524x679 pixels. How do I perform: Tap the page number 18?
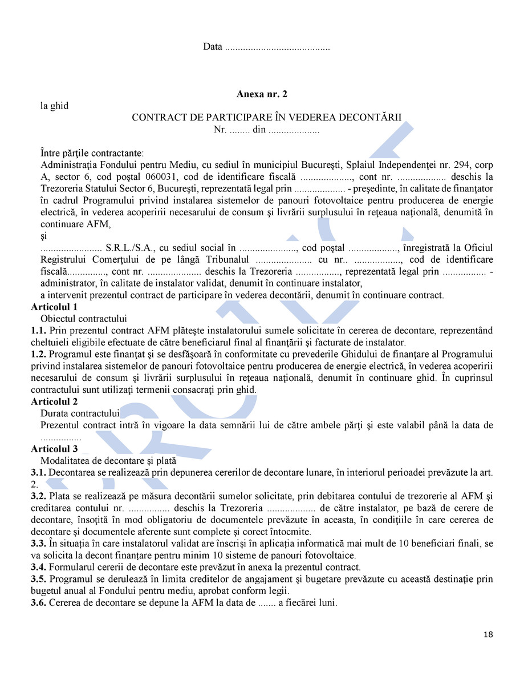[x=488, y=634]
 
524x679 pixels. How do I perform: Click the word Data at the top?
[x=213, y=46]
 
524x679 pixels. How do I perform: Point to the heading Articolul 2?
[x=54, y=401]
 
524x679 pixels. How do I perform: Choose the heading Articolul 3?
[x=54, y=449]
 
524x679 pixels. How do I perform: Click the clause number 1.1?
[x=38, y=331]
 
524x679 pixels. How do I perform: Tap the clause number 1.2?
[x=38, y=355]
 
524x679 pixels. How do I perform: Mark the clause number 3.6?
[x=38, y=602]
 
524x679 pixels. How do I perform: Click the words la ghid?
[x=54, y=106]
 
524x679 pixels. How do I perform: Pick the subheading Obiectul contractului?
[x=83, y=319]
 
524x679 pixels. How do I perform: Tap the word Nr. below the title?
[x=220, y=130]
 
